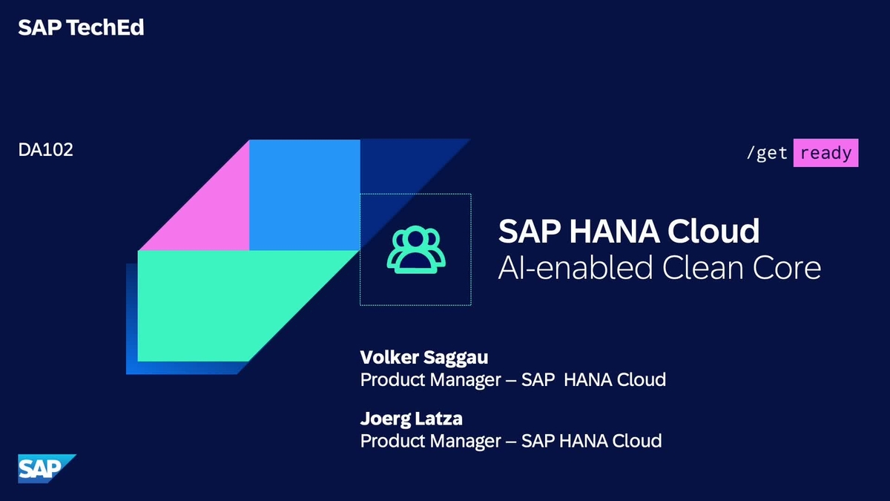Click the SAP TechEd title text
(81, 28)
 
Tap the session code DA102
(46, 150)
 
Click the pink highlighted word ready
(825, 153)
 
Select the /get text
(767, 154)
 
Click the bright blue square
(304, 194)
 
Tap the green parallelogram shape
(237, 304)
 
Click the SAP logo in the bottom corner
(47, 468)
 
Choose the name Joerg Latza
(412, 418)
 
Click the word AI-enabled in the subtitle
(564, 267)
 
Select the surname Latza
(438, 418)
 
